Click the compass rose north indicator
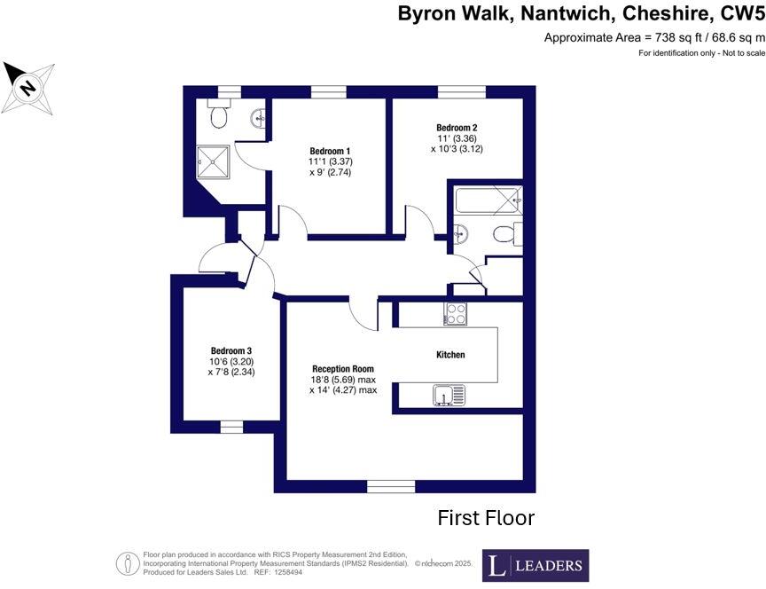tap(28, 88)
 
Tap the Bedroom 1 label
tap(330, 150)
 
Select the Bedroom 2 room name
tap(457, 127)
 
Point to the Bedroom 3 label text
tap(231, 350)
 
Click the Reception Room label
tap(342, 368)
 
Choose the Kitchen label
tap(450, 355)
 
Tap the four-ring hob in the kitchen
tap(456, 313)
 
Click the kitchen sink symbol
tap(449, 396)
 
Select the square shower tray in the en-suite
tap(213, 161)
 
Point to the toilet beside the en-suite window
tap(218, 114)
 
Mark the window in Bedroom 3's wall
tap(231, 428)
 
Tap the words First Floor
tap(486, 518)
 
